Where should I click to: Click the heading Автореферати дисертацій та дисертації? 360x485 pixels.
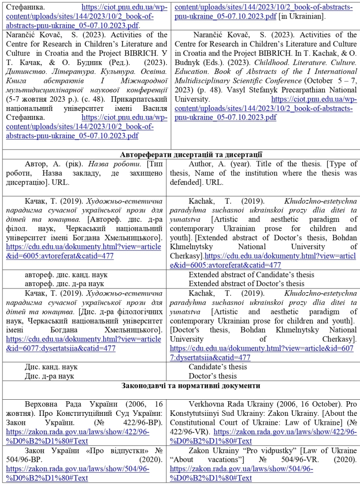click(191, 154)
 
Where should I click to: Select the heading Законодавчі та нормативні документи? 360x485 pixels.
click(191, 386)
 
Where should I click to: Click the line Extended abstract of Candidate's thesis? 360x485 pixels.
click(252, 275)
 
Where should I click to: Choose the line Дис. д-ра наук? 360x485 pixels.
click(50, 376)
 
